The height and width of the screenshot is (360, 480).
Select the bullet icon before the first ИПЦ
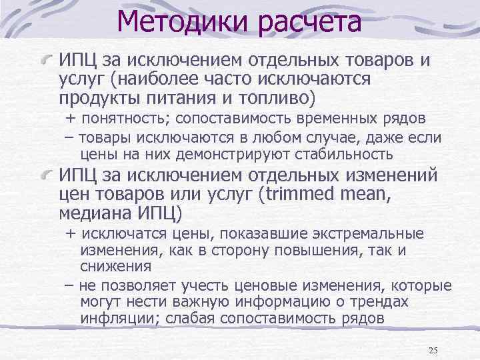coord(47,61)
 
